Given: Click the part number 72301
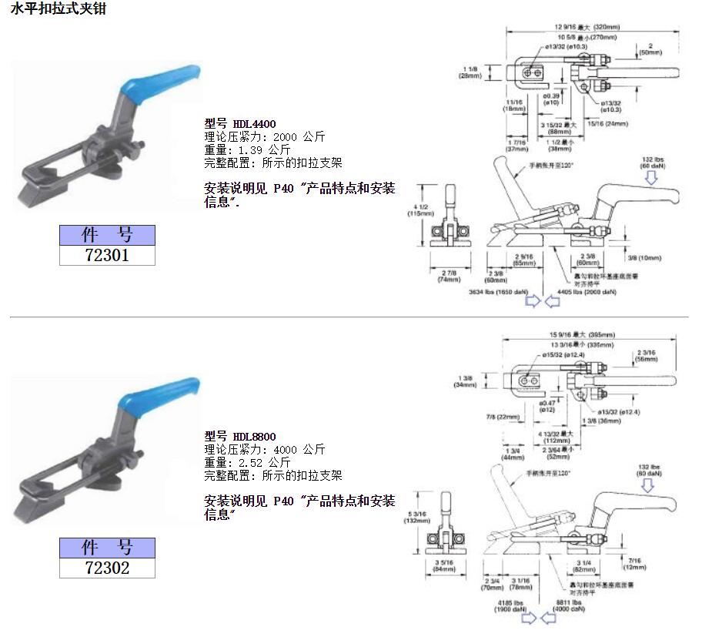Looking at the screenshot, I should point(107,255).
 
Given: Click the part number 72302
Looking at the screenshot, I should point(107,568).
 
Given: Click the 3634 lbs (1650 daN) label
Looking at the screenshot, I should point(497,292).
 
